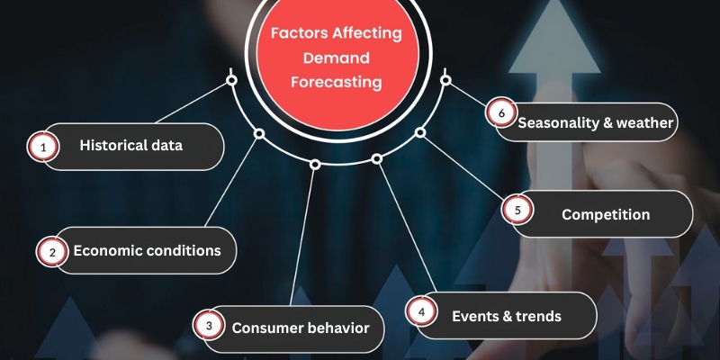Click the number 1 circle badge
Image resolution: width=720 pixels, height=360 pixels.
[40, 147]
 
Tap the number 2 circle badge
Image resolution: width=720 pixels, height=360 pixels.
[51, 253]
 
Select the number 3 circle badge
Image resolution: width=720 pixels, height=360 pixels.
[209, 327]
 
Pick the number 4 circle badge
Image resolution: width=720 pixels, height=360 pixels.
[420, 312]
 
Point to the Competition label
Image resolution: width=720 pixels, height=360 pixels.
[605, 214]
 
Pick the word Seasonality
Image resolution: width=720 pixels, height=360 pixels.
[561, 123]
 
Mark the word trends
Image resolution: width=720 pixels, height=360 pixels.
[538, 316]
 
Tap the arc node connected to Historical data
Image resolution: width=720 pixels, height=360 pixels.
[231, 80]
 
